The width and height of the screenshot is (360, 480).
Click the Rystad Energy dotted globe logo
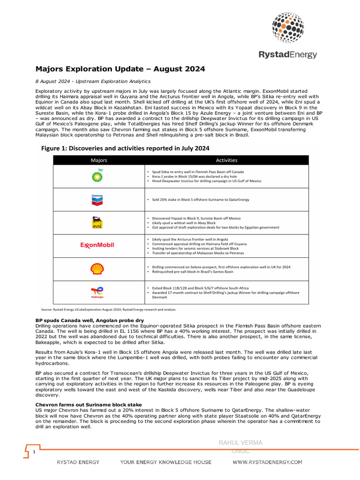(x=288, y=28)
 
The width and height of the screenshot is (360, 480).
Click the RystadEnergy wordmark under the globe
(x=288, y=55)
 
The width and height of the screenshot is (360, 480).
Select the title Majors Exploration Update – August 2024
(x=120, y=69)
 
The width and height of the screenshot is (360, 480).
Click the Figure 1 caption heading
(x=125, y=148)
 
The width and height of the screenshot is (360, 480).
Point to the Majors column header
(x=98, y=160)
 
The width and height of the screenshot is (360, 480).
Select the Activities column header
(x=227, y=160)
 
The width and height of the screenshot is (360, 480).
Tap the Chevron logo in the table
(x=97, y=200)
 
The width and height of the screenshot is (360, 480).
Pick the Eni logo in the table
(x=97, y=223)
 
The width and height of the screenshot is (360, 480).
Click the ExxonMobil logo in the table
(x=97, y=245)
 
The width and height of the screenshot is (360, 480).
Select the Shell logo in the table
(x=97, y=269)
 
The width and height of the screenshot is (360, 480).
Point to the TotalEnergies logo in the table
(x=97, y=292)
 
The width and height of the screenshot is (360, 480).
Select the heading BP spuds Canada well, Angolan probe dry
(x=90, y=320)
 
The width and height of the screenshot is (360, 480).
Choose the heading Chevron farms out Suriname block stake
(x=89, y=405)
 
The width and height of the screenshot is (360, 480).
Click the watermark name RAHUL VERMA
(x=241, y=442)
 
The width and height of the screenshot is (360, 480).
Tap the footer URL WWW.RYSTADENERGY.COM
(x=268, y=462)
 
